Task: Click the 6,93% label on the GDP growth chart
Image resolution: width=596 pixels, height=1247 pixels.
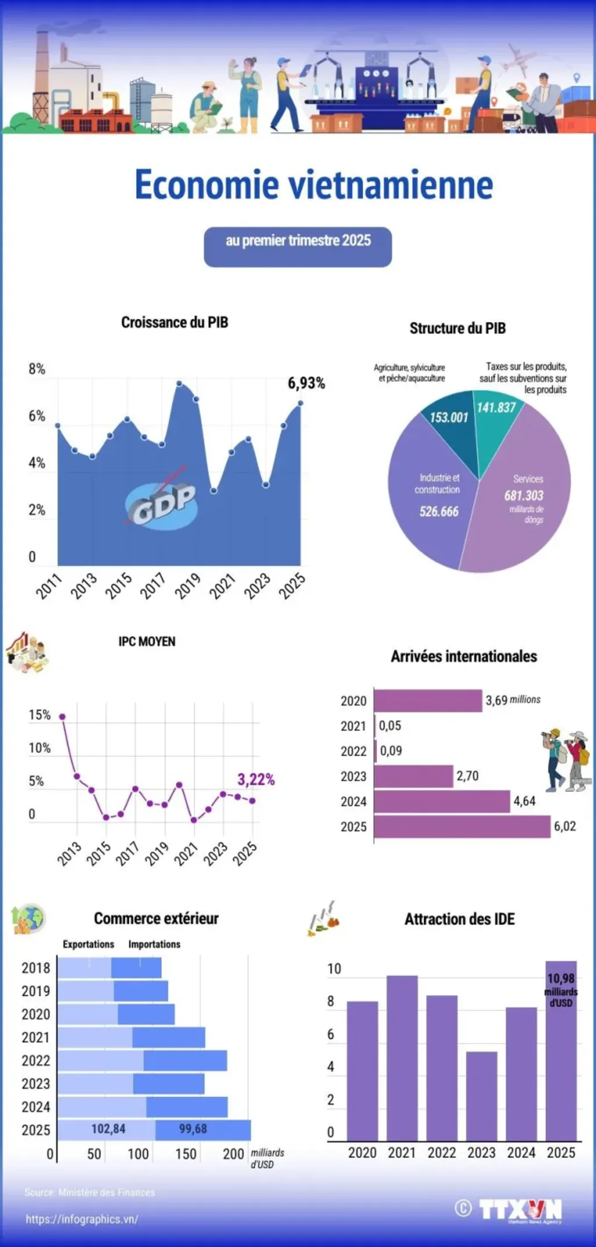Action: pyautogui.click(x=306, y=383)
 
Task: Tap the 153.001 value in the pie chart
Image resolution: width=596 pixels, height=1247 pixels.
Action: pyautogui.click(x=449, y=417)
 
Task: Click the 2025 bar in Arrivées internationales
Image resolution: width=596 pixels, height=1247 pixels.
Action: pyautogui.click(x=462, y=826)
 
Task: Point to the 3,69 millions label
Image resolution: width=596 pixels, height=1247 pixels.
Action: pyautogui.click(x=513, y=699)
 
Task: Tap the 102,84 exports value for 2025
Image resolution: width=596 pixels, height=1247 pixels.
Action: pyautogui.click(x=108, y=1129)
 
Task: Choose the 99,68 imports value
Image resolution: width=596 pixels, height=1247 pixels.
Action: pyautogui.click(x=193, y=1129)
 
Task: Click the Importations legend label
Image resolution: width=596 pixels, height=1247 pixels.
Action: pyautogui.click(x=154, y=944)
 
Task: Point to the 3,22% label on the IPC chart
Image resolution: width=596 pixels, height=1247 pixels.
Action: pyautogui.click(x=256, y=779)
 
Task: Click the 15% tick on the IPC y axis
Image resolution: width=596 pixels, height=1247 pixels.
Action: pyautogui.click(x=40, y=715)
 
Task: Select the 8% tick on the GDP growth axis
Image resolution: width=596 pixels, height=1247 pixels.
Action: pyautogui.click(x=37, y=369)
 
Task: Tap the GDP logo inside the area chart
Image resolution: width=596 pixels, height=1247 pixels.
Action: pyautogui.click(x=162, y=504)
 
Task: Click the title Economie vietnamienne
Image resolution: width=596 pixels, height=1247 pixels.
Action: pyautogui.click(x=314, y=184)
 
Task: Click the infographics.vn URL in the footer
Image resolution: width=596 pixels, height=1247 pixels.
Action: pyautogui.click(x=82, y=1219)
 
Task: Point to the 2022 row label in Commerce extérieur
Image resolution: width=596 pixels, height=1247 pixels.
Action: pyautogui.click(x=36, y=1060)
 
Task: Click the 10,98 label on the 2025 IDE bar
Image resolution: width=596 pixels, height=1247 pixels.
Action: pyautogui.click(x=561, y=979)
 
